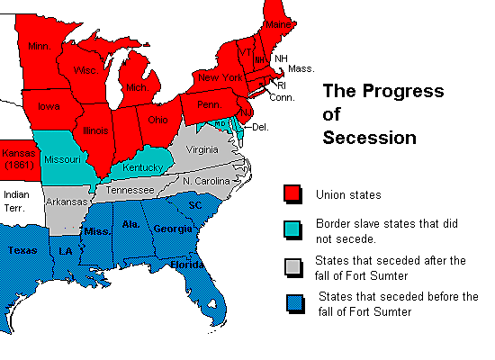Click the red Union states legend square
pyautogui.click(x=292, y=193)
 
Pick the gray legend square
pyautogui.click(x=292, y=267)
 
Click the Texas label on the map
pyautogui.click(x=23, y=250)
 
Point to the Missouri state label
pyautogui.click(x=59, y=159)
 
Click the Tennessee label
pyautogui.click(x=130, y=191)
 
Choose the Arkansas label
pyautogui.click(x=66, y=202)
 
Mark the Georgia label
pyautogui.click(x=172, y=229)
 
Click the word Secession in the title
pyautogui.click(x=369, y=138)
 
